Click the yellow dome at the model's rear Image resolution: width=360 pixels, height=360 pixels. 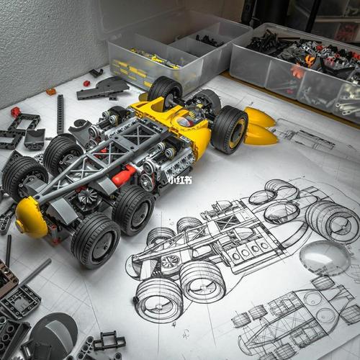coord(30,217)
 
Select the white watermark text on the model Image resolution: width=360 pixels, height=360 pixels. coord(180,180)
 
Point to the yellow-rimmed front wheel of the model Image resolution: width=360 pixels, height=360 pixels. coord(229,130)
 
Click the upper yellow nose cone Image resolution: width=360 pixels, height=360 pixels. coord(259,117)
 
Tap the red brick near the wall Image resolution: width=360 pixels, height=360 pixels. coord(86,84)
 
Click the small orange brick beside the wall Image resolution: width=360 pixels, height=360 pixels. coord(51,91)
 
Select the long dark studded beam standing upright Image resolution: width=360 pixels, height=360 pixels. coord(60,114)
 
